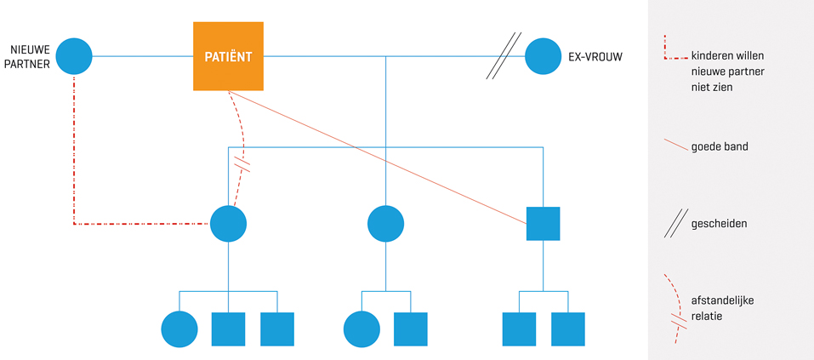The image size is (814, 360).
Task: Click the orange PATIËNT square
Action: coord(228,56)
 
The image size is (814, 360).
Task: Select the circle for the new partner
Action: coord(74,56)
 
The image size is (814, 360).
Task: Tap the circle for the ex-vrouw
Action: coord(543,57)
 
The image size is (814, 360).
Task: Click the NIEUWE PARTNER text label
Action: coord(30,56)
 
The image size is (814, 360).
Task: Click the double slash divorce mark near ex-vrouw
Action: coord(503,57)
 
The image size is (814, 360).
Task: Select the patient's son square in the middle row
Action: coord(543,224)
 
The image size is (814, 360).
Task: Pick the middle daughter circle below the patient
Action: coord(385,224)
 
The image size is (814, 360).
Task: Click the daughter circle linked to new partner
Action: coord(228,224)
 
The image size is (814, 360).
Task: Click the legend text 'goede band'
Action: coord(720,146)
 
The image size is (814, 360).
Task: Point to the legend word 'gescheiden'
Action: coord(719,224)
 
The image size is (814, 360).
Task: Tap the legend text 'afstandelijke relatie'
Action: coord(722,308)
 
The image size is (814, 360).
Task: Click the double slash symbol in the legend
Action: coord(676,224)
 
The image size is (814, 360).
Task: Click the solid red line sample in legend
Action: coord(675,146)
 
